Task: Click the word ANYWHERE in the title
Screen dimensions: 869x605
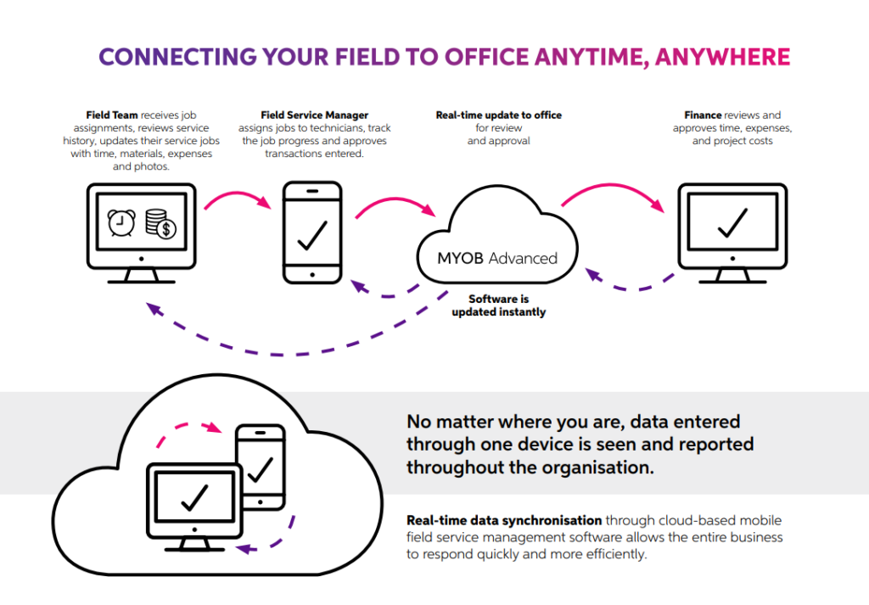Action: (x=722, y=57)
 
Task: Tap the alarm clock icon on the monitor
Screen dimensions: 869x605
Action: (x=121, y=223)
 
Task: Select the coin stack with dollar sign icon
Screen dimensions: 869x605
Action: (x=160, y=224)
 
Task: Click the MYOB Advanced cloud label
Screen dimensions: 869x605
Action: (x=497, y=258)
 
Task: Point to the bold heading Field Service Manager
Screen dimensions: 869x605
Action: (x=314, y=115)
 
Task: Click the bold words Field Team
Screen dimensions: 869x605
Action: (x=111, y=115)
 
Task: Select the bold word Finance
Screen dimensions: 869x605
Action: (x=703, y=115)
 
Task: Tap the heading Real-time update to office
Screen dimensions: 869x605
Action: (x=499, y=115)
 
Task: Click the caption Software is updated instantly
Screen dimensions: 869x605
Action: (x=499, y=305)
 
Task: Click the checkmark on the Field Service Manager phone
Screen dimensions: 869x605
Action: (x=312, y=235)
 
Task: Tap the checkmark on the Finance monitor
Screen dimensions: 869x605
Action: (x=732, y=223)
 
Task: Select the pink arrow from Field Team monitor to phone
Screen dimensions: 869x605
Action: (x=237, y=194)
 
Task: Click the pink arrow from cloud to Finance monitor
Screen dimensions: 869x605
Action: (x=613, y=187)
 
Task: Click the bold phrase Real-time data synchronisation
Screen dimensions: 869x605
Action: (x=504, y=521)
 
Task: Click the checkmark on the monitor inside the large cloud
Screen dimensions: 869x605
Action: (x=194, y=497)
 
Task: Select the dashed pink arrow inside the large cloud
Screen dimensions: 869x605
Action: (x=186, y=427)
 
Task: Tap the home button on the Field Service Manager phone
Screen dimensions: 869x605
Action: (x=312, y=274)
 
